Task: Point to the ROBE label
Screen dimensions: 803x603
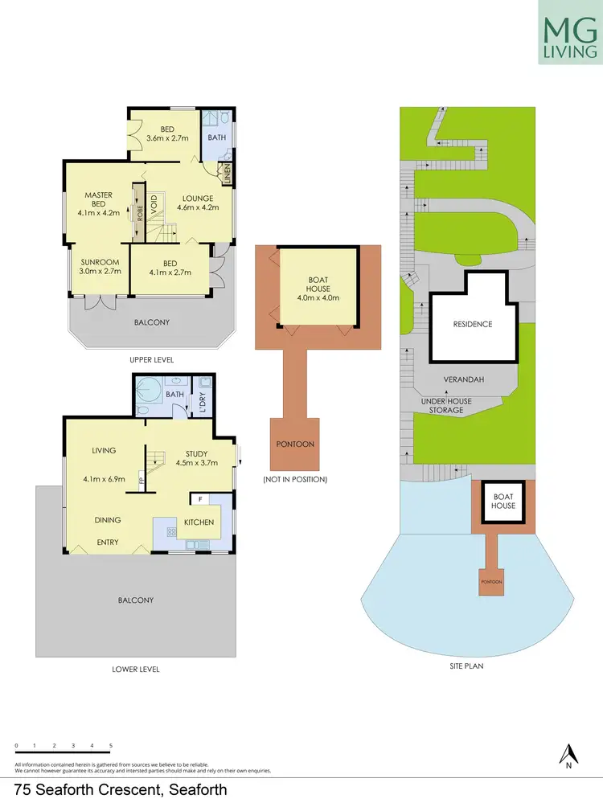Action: click(x=139, y=213)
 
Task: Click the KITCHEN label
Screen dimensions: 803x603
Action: click(x=199, y=522)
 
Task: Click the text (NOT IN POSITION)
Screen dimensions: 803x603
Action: click(x=294, y=479)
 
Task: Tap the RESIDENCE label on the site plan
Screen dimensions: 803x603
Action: click(x=472, y=324)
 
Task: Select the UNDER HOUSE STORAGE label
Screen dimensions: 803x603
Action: click(x=446, y=406)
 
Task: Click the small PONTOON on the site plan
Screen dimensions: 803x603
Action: click(x=490, y=581)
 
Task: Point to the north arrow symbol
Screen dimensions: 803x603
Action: click(x=569, y=755)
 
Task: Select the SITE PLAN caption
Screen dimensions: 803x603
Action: click(x=466, y=666)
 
